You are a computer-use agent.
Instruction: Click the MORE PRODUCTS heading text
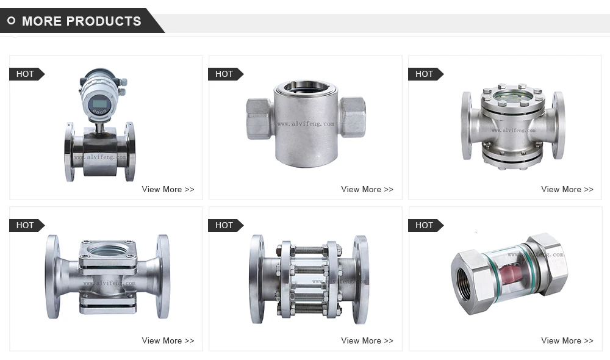pyautogui.click(x=81, y=21)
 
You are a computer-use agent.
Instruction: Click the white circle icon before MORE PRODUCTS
pyautogui.click(x=11, y=21)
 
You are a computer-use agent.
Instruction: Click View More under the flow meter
pyautogui.click(x=168, y=189)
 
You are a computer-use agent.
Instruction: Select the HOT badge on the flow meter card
pyautogui.click(x=26, y=74)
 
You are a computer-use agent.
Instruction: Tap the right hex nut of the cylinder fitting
pyautogui.click(x=353, y=117)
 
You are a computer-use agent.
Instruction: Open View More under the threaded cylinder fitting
pyautogui.click(x=367, y=189)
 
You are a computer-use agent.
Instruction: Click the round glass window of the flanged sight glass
pyautogui.click(x=513, y=96)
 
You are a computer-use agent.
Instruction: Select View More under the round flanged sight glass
pyautogui.click(x=567, y=189)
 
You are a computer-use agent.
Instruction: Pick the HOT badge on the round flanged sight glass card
pyautogui.click(x=425, y=74)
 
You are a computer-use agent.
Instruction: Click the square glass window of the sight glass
pyautogui.click(x=108, y=250)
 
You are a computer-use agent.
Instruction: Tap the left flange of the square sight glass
pyautogui.click(x=52, y=276)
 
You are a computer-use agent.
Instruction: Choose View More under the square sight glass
pyautogui.click(x=168, y=340)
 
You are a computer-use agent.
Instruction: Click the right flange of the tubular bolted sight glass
pyautogui.click(x=361, y=278)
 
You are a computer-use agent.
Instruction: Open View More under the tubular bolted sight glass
pyautogui.click(x=367, y=340)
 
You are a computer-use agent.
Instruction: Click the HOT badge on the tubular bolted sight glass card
pyautogui.click(x=224, y=225)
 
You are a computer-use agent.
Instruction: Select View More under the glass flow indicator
pyautogui.click(x=567, y=340)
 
